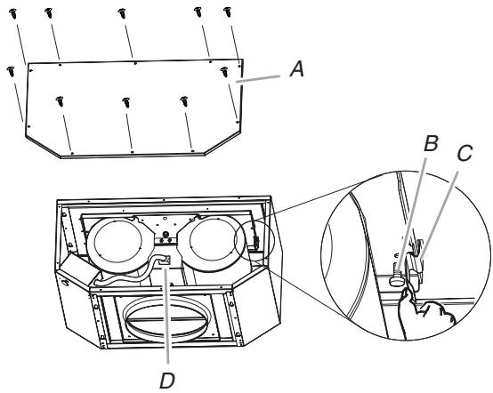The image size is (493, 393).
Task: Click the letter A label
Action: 297,69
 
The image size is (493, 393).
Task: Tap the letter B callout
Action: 431,143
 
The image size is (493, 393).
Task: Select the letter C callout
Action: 465,154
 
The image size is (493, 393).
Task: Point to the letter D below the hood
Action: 167,381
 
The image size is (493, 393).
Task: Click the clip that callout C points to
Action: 415,267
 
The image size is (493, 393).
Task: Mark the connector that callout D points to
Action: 165,261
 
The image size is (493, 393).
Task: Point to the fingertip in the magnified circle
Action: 406,293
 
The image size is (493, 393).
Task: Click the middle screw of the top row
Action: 122,13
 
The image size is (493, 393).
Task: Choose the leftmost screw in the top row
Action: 13,13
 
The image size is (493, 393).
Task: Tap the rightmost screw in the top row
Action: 227,12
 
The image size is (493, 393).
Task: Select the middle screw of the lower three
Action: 126,102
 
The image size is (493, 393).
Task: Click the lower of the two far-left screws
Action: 11,71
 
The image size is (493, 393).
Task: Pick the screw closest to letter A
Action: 224,72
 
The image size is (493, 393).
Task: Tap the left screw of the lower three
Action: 60,101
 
